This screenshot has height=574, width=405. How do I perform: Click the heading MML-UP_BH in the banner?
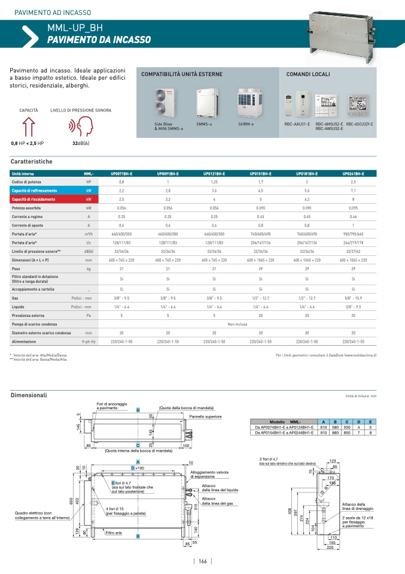pyautogui.click(x=75, y=28)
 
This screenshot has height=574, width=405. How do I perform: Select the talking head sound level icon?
pyautogui.click(x=81, y=127)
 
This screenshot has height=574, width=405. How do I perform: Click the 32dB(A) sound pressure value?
pyautogui.click(x=81, y=144)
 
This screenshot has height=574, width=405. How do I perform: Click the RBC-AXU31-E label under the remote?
pyautogui.click(x=297, y=124)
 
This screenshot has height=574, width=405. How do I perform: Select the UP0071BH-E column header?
pyautogui.click(x=121, y=173)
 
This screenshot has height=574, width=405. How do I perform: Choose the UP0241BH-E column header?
pyautogui.click(x=353, y=173)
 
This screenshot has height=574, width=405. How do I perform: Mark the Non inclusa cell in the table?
pyautogui.click(x=237, y=324)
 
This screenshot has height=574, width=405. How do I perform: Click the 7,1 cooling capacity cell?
pyautogui.click(x=353, y=190)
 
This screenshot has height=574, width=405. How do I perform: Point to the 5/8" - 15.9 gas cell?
pyautogui.click(x=353, y=298)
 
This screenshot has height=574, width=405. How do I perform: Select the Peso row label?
pyautogui.click(x=17, y=270)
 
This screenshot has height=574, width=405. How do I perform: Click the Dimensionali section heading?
pyautogui.click(x=29, y=395)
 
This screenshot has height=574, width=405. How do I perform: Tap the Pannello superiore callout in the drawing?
pyautogui.click(x=205, y=416)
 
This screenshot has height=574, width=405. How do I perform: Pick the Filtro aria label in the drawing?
pyautogui.click(x=114, y=533)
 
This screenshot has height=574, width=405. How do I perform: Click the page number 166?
pyautogui.click(x=203, y=561)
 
